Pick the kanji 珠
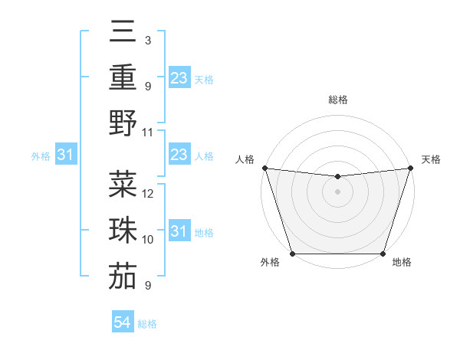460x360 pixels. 123,231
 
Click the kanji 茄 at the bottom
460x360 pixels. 123,277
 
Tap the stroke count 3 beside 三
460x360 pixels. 147,39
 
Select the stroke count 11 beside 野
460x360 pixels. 149,132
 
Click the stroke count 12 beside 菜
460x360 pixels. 149,193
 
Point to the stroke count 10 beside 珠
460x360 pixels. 149,240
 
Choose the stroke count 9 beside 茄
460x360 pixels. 147,286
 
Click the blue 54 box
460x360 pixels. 123,323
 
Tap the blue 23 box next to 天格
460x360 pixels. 179,78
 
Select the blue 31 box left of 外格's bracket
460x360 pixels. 66,155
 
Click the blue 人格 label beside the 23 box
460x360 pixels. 204,156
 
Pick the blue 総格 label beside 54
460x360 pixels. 147,324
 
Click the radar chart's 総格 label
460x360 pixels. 337,100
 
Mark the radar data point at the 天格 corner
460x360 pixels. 410,169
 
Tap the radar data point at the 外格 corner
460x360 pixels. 293,254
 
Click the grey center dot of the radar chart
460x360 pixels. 337,192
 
